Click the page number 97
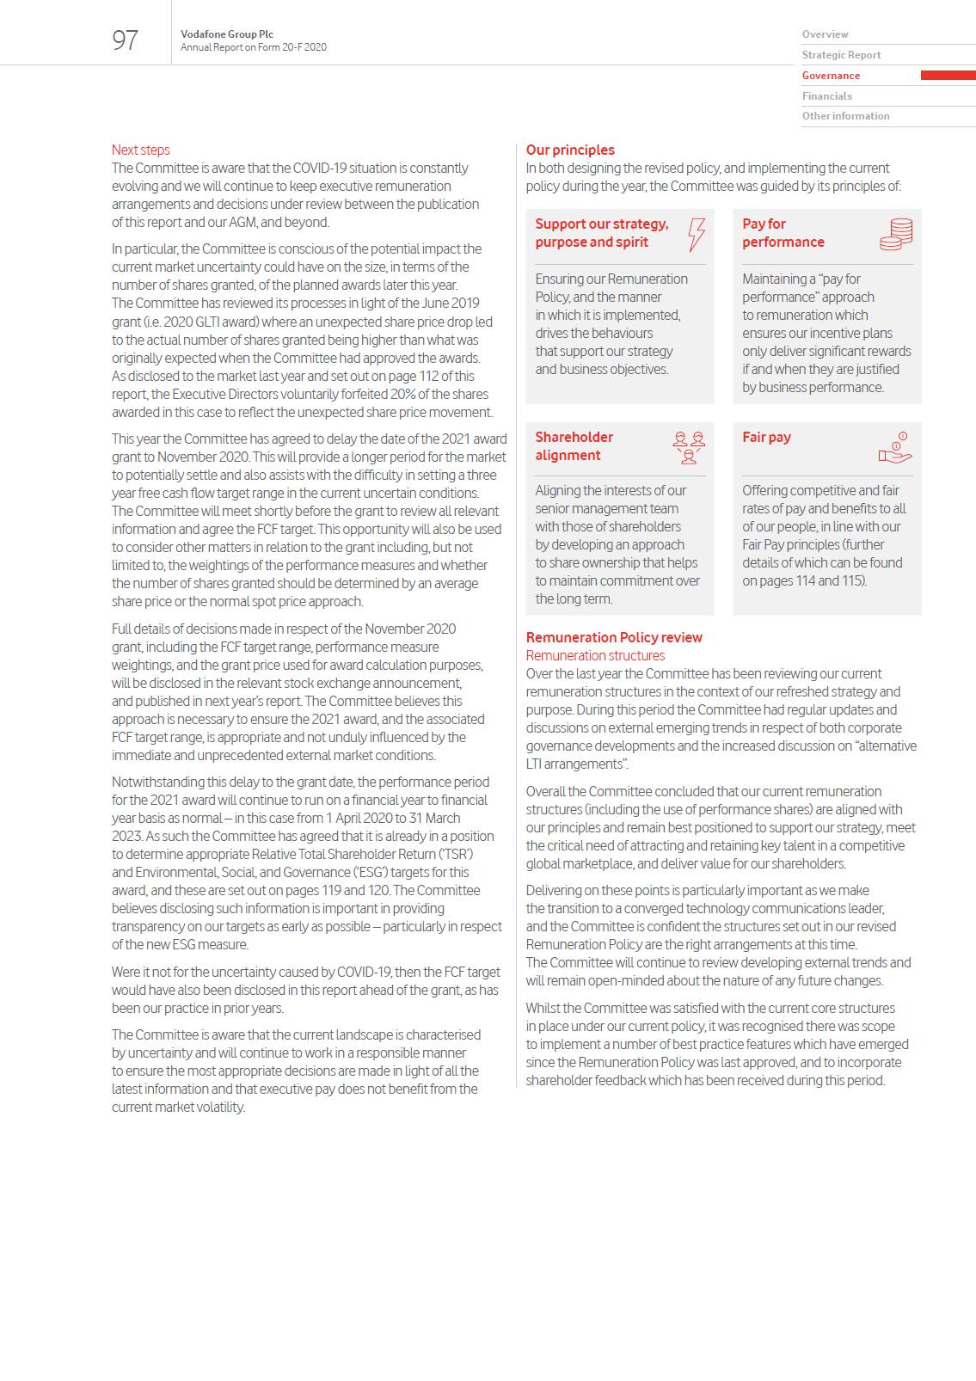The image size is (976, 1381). click(x=125, y=40)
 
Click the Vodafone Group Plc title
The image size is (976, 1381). click(x=227, y=34)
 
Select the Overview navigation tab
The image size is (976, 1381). click(x=825, y=34)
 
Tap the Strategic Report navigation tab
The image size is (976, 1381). click(x=841, y=55)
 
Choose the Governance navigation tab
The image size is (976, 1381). click(x=831, y=76)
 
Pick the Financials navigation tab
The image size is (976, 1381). click(x=826, y=96)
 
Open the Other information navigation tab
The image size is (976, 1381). click(x=845, y=116)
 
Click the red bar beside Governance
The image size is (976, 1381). click(x=948, y=76)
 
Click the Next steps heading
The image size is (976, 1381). click(x=141, y=150)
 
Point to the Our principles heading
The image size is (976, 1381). click(x=570, y=150)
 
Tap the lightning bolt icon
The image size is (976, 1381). click(x=696, y=234)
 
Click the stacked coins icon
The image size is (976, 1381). click(x=896, y=234)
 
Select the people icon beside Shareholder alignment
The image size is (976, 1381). click(x=689, y=447)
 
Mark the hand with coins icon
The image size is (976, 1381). click(x=895, y=448)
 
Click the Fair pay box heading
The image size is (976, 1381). click(x=766, y=437)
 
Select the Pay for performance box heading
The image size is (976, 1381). click(x=783, y=233)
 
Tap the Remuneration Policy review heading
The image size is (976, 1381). click(x=614, y=637)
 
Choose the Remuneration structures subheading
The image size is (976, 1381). click(x=595, y=655)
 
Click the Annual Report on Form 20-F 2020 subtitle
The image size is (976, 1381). click(x=254, y=47)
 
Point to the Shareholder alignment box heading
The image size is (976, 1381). click(x=574, y=446)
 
